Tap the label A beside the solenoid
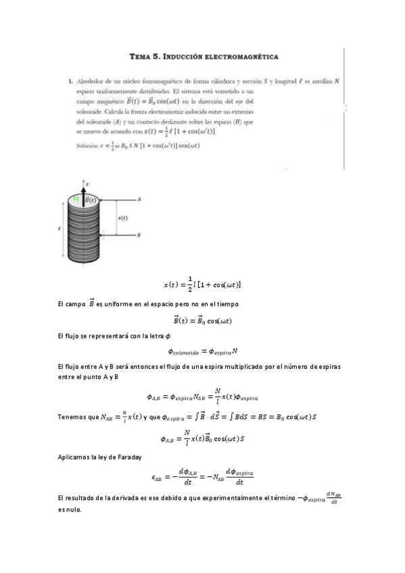point(139,200)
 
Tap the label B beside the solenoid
point(139,235)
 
